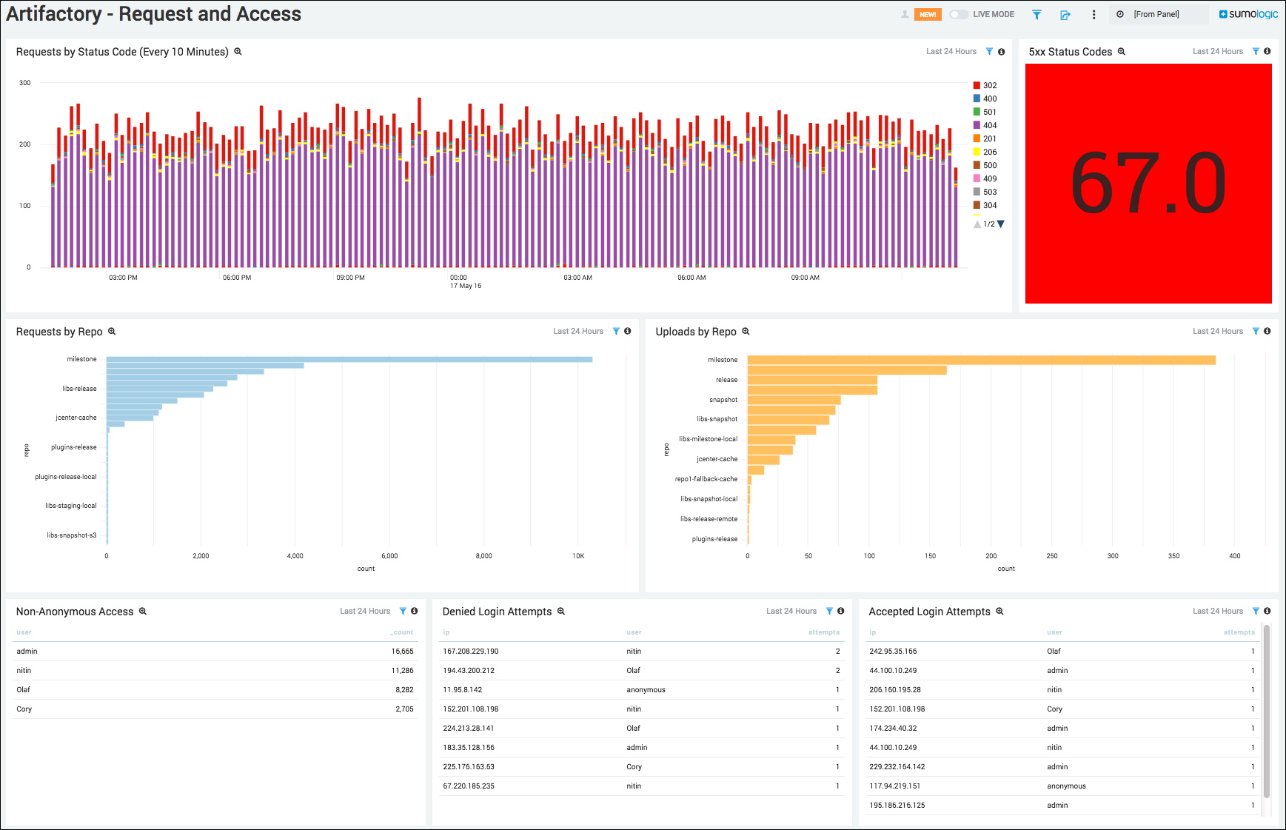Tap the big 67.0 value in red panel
point(1148,184)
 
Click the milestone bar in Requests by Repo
point(349,359)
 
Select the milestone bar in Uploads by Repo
point(981,360)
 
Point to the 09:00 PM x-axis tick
point(350,278)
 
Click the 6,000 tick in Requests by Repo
point(389,556)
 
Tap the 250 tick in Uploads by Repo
point(1052,556)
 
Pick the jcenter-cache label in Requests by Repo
point(76,418)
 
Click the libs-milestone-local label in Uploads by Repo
point(709,439)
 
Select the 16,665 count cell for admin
point(402,652)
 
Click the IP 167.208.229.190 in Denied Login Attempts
point(471,652)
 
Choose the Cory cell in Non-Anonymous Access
point(24,709)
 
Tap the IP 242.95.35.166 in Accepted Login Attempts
point(893,652)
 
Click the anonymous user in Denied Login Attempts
point(646,690)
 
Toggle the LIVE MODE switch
point(959,15)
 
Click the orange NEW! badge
point(928,15)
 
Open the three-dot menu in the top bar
point(1094,15)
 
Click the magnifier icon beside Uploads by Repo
point(746,332)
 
